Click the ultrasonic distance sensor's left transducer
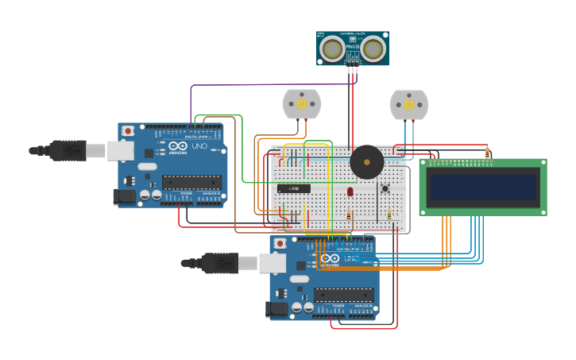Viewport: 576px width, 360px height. tap(332, 49)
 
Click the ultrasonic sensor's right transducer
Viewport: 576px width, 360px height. tap(373, 49)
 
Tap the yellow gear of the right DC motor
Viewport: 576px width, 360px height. tap(409, 103)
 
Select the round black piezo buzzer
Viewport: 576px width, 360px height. tap(367, 161)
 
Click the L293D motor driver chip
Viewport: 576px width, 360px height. tap(294, 188)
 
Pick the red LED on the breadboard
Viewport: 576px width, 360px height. tap(350, 192)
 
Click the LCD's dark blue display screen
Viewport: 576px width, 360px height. tap(483, 188)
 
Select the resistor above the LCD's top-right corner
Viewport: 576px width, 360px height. tap(487, 153)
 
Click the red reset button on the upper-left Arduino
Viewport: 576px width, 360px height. tap(128, 130)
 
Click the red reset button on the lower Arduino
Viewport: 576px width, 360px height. tap(280, 243)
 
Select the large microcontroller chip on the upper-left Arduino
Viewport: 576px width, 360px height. tap(191, 182)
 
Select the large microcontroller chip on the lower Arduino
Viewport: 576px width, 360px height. tap(343, 295)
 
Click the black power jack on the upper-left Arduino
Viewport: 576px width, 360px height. tap(122, 195)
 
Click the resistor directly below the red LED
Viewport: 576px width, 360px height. tap(349, 215)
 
